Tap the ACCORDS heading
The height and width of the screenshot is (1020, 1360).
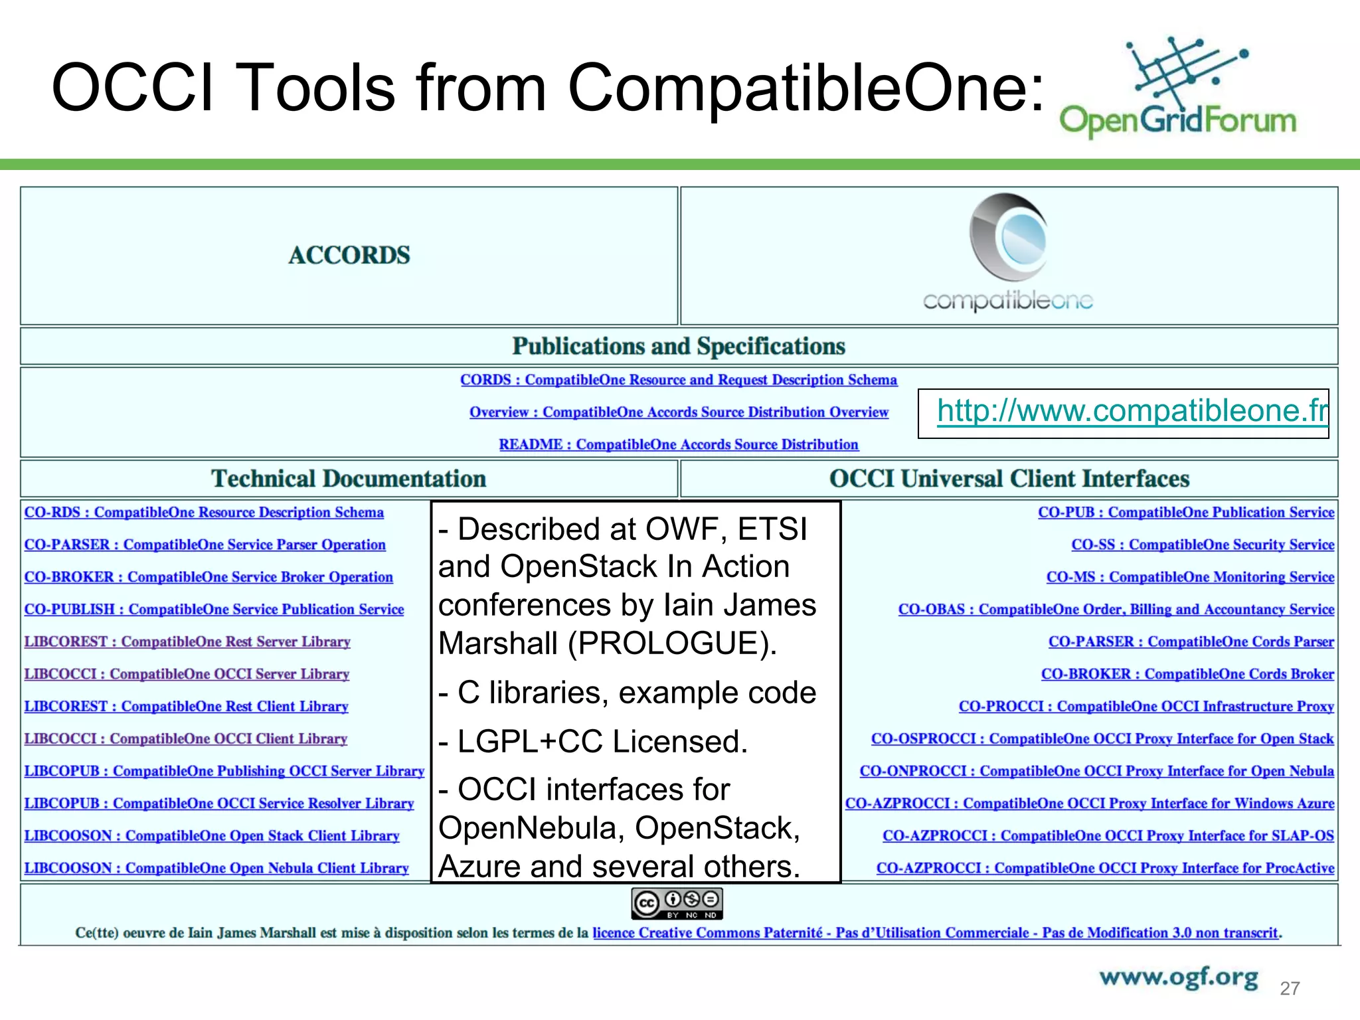[x=349, y=255]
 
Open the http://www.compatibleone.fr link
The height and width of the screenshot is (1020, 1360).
[x=1132, y=411]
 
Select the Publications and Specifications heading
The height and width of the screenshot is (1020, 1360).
[x=679, y=346]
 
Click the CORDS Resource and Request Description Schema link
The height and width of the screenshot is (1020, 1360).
[x=679, y=380]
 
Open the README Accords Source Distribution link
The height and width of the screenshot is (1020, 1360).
[x=679, y=444]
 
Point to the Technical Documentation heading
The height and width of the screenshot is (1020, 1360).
[x=349, y=479]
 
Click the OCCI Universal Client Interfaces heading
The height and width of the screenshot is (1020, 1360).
[x=1009, y=479]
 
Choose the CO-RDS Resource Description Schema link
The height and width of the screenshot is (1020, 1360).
[x=204, y=513]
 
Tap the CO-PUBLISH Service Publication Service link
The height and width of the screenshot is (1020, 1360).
[x=214, y=610]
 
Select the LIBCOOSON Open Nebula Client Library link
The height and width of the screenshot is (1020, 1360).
[x=216, y=869]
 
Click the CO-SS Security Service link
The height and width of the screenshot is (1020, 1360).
[x=1202, y=545]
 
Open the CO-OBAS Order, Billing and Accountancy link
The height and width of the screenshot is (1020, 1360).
[x=1116, y=610]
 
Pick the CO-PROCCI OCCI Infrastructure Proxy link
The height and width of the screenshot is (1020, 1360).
[x=1146, y=707]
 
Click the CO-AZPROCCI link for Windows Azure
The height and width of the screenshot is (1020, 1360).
[x=1089, y=804]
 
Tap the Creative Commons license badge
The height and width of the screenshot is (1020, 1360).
[x=677, y=904]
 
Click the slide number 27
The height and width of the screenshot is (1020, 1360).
[x=1290, y=989]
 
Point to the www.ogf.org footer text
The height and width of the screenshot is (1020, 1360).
[x=1178, y=977]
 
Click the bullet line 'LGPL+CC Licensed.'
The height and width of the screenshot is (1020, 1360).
[x=594, y=742]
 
